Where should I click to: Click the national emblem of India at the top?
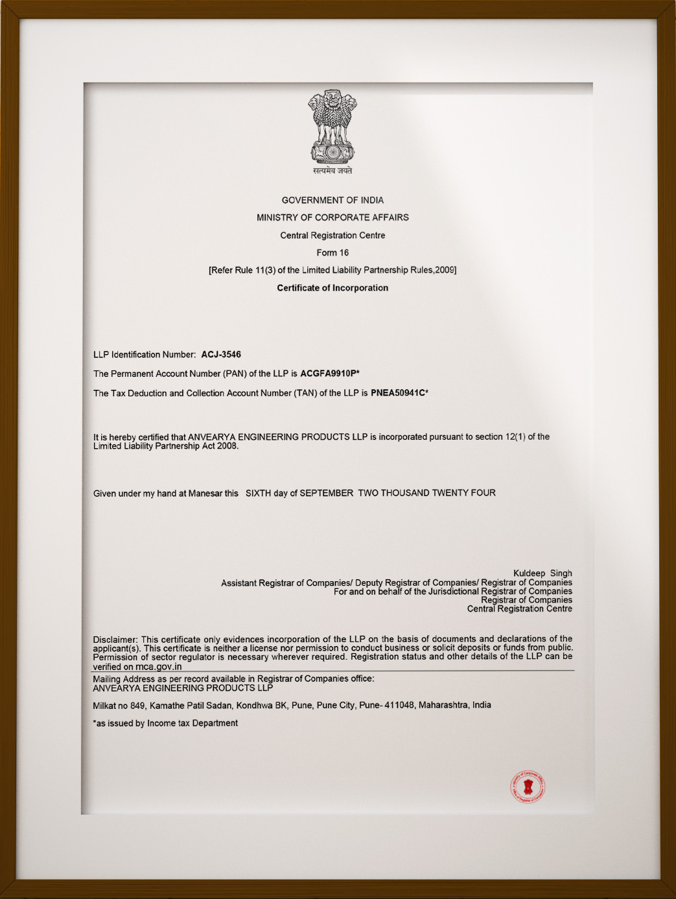click(332, 127)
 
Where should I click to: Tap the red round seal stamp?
click(528, 787)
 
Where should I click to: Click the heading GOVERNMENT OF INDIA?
click(332, 200)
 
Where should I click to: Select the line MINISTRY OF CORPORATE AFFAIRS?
click(332, 218)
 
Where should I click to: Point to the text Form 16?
click(332, 253)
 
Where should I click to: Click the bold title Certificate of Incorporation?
click(332, 288)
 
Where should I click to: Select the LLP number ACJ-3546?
click(221, 355)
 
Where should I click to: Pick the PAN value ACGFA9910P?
click(329, 374)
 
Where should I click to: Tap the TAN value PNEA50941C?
click(398, 393)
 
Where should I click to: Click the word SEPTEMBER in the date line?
click(326, 493)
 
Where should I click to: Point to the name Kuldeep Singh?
click(542, 573)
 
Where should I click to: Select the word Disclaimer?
click(115, 640)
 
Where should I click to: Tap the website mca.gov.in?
click(158, 667)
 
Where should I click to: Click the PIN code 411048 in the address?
click(399, 705)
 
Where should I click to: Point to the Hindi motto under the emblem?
click(332, 171)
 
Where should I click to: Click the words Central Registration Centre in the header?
click(332, 235)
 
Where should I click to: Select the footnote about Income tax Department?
click(165, 723)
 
